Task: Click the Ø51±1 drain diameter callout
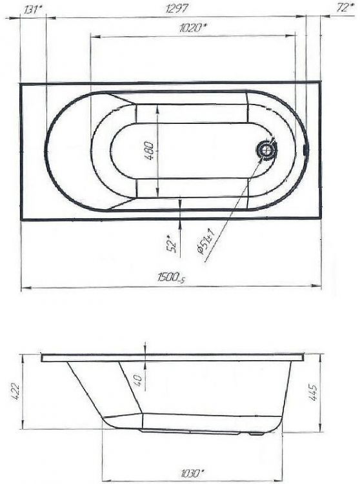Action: click(208, 244)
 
